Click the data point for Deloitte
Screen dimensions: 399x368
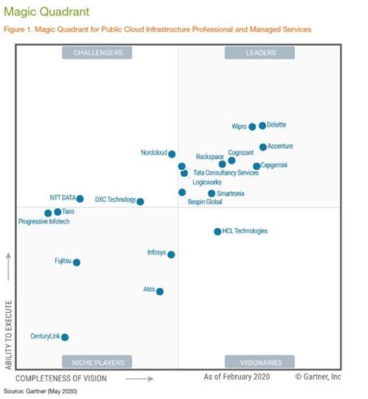coord(262,125)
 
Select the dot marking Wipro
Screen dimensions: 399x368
coord(252,127)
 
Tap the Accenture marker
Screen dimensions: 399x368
coord(263,147)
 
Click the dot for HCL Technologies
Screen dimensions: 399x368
coord(217,231)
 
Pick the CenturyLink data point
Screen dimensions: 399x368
coord(64,337)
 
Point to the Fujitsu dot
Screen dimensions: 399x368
coord(76,262)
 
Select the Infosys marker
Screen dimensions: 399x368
coord(171,254)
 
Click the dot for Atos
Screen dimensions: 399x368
coord(160,291)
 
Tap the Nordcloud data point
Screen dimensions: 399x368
coord(172,154)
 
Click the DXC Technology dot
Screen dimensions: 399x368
coord(141,201)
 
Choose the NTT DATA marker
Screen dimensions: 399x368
coord(79,199)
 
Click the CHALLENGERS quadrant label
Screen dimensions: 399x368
coord(98,53)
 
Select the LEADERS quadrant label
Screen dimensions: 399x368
coord(259,53)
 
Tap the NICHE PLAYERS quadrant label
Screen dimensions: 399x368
coord(97,361)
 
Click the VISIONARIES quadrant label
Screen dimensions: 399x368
coord(259,361)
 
